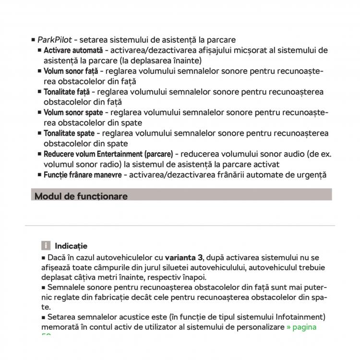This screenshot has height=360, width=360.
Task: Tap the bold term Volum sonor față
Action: point(71,72)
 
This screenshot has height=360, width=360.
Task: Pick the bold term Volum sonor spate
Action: point(73,113)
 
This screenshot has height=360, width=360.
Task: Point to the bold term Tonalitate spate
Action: point(69,133)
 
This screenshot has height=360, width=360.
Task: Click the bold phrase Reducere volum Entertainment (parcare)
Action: point(108,154)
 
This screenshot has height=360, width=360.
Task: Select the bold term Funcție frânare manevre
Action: point(83,175)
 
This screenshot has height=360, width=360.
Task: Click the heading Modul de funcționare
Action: point(81,196)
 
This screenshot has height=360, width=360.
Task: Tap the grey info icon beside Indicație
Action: point(46,246)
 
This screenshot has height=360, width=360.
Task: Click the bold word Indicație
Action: point(71,246)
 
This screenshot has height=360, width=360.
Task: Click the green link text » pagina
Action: point(301,327)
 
